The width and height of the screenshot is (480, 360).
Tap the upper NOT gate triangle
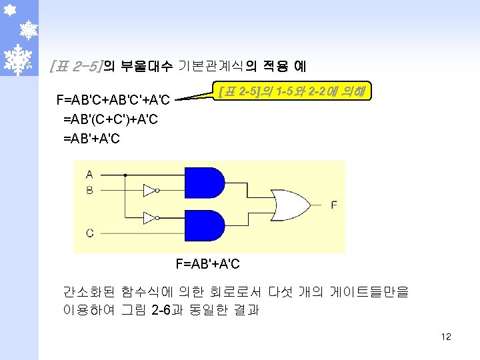[x=149, y=191]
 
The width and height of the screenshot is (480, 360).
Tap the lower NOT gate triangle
[x=149, y=217]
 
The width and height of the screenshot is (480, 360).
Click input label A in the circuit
[x=89, y=175]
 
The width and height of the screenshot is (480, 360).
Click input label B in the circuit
[x=89, y=191]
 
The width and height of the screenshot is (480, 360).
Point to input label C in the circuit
[x=89, y=233]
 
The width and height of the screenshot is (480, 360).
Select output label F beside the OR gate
[x=333, y=205]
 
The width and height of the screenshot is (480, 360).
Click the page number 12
[x=446, y=337]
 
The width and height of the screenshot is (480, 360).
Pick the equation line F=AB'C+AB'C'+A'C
[x=115, y=101]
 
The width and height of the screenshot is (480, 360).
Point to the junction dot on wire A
[x=126, y=175]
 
